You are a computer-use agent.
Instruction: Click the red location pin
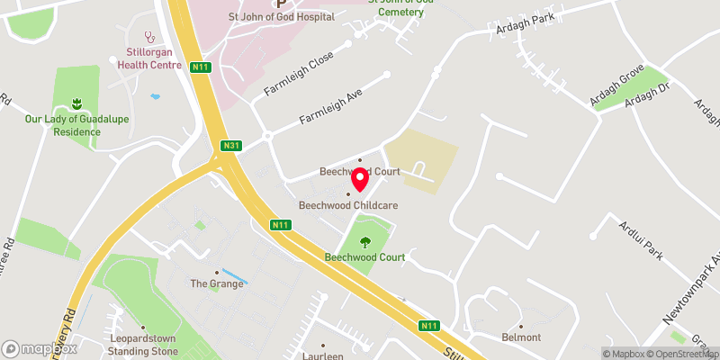tap(359, 179)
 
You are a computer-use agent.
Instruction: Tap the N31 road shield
tap(231, 146)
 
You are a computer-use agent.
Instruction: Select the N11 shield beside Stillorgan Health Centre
tap(199, 67)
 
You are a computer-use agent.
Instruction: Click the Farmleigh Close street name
tap(298, 75)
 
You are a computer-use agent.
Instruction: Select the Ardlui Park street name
tap(641, 241)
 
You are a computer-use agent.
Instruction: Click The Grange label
tap(216, 283)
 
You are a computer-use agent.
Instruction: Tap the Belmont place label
tap(521, 337)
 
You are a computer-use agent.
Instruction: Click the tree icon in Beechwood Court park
tap(365, 241)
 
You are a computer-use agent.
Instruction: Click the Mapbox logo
tap(40, 348)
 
